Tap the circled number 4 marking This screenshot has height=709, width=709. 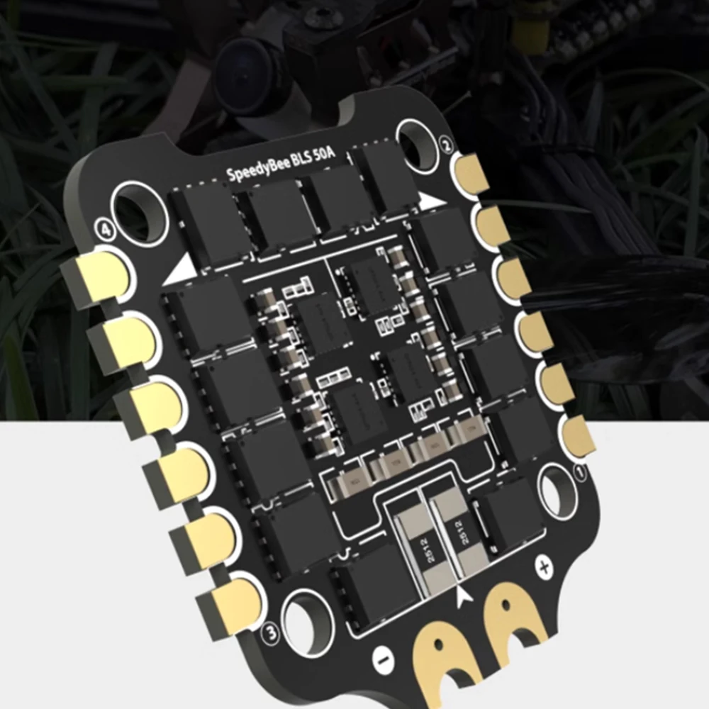tap(105, 230)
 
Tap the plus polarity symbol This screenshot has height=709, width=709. tap(545, 567)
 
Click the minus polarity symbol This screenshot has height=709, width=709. tap(381, 659)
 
